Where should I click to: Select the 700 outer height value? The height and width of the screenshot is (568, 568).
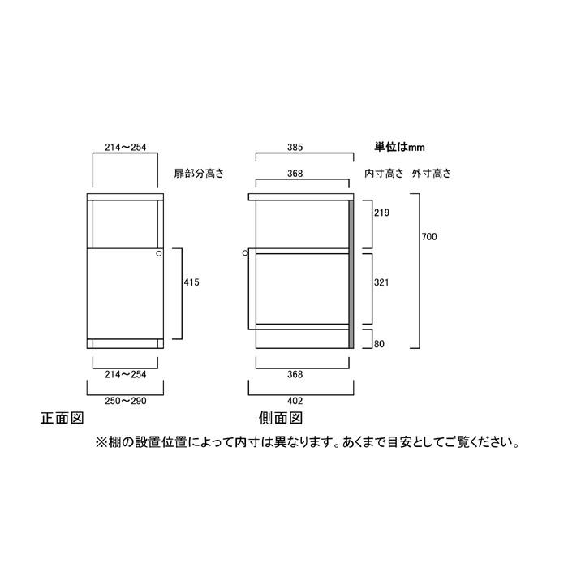point(430,237)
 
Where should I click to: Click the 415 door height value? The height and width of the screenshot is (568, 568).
point(191,282)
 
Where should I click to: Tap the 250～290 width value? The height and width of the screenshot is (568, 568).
point(125,399)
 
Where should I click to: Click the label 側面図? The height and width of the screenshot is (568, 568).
point(281,420)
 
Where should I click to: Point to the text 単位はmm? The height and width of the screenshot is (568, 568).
point(399,148)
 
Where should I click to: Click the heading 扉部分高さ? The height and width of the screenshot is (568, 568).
point(198,174)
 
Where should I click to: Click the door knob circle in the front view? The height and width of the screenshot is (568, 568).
point(159,254)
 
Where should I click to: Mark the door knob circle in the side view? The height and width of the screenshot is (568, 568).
point(245,254)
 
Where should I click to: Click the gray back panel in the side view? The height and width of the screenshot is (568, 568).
point(351,276)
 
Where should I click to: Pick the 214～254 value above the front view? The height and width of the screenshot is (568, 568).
point(125,148)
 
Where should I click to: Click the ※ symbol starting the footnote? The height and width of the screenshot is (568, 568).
point(101,443)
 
